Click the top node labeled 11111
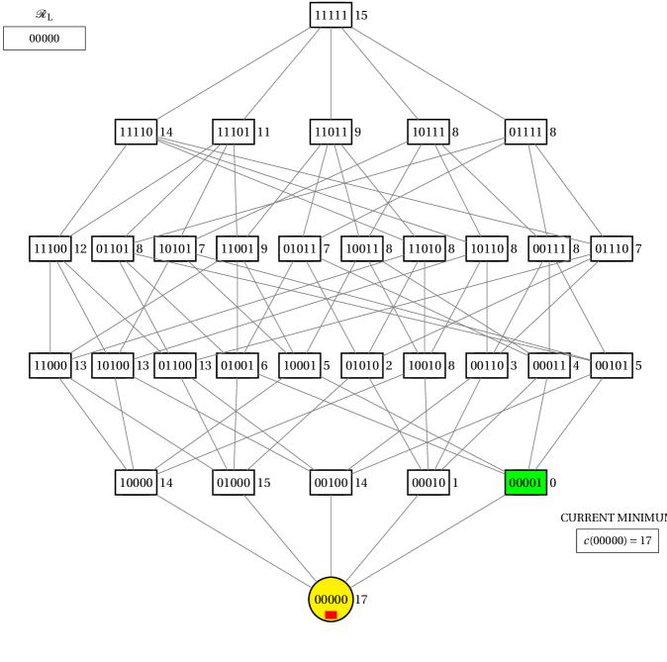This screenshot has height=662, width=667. (331, 15)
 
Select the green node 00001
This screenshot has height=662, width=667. (525, 483)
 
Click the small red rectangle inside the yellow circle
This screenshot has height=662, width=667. (331, 615)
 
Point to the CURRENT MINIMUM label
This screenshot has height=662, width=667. (612, 518)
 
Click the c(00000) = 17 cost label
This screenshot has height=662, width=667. (618, 540)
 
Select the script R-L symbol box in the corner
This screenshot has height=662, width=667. (45, 15)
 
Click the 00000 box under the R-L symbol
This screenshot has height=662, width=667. (45, 39)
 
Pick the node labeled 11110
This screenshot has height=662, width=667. (136, 132)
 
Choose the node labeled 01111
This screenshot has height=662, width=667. (525, 132)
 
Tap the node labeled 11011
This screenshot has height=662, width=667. (331, 132)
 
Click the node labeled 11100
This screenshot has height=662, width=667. (50, 248)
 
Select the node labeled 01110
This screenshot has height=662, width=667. (612, 248)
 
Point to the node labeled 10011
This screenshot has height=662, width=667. (362, 248)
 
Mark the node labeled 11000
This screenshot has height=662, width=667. (50, 365)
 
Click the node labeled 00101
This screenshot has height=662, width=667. (612, 365)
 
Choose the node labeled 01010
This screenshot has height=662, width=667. (362, 365)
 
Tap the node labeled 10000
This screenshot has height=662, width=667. (136, 483)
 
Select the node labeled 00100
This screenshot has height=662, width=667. (331, 483)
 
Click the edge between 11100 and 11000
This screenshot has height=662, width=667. (50, 307)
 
